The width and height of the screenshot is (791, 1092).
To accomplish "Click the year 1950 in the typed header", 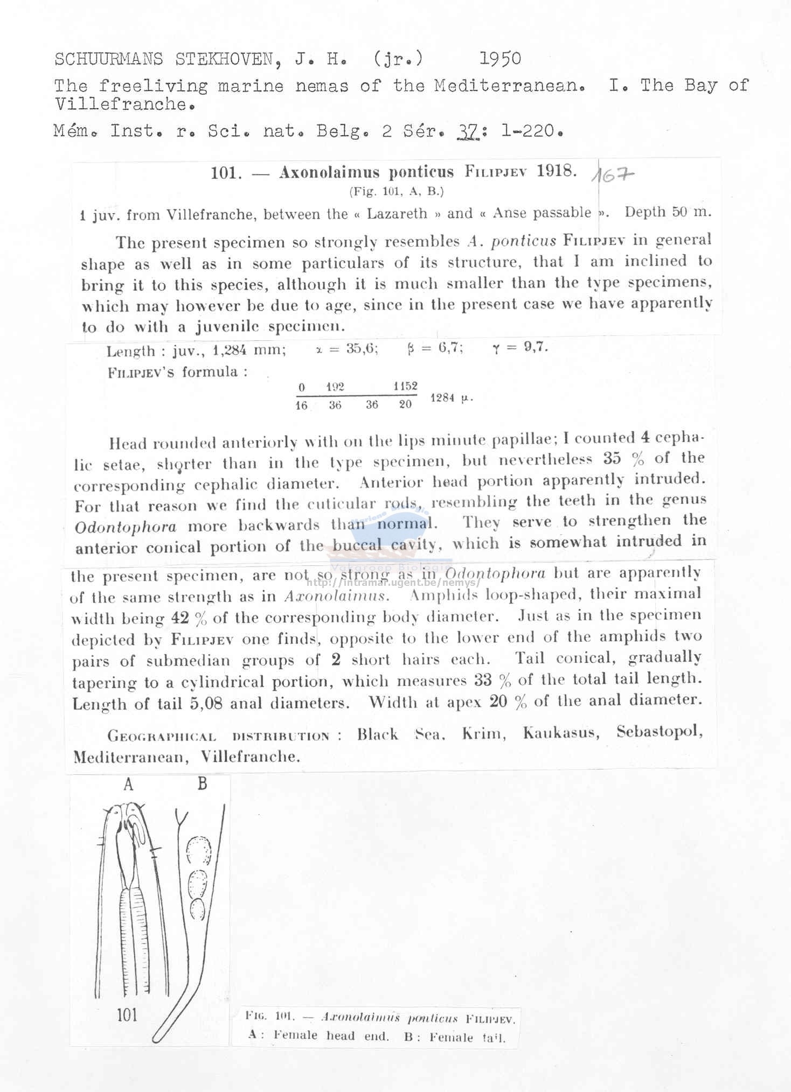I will tap(499, 59).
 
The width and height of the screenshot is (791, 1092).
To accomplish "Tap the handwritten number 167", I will tap(613, 174).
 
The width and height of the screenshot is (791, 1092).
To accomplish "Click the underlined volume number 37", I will tap(468, 131).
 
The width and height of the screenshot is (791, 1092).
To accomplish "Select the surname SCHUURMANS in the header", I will tap(108, 59).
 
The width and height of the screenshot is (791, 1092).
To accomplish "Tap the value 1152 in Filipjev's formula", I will tap(405, 386).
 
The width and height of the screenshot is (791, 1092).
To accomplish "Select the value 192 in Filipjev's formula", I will tap(335, 387).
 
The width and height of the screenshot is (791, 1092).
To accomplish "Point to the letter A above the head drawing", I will tap(128, 785).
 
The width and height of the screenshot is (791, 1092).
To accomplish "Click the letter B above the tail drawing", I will tap(203, 783).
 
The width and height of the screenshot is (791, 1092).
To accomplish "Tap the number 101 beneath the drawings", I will tap(127, 1015).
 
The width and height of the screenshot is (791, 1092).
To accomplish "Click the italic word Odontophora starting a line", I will tap(126, 527).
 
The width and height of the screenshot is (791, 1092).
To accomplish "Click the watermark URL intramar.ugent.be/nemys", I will tap(393, 582).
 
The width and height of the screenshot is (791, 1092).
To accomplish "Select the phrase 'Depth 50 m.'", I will tap(668, 212).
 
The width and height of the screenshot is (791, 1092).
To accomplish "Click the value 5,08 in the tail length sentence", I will tap(206, 704).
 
